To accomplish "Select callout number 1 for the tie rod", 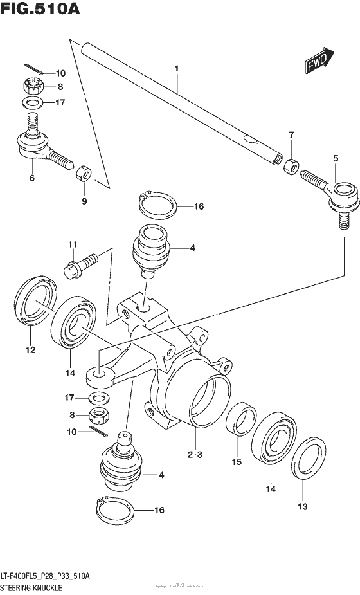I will (x=175, y=68).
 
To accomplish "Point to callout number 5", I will (x=335, y=158).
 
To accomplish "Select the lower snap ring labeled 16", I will (x=116, y=511).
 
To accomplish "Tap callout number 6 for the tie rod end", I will (x=32, y=178).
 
